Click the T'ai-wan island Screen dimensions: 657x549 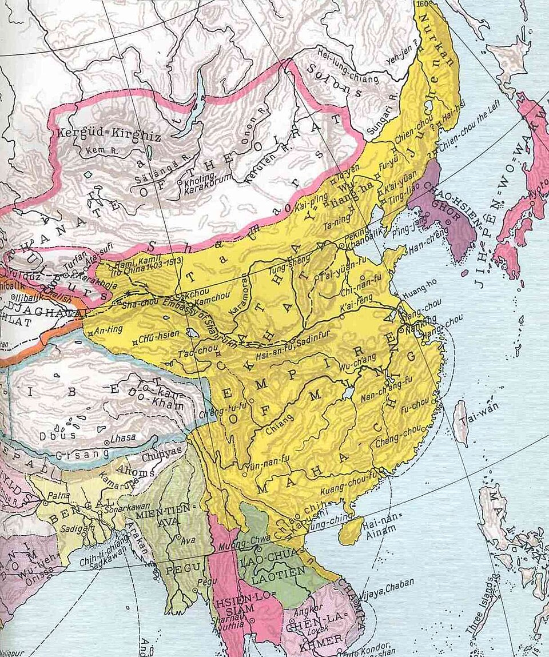460,421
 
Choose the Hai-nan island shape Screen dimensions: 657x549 351,530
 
